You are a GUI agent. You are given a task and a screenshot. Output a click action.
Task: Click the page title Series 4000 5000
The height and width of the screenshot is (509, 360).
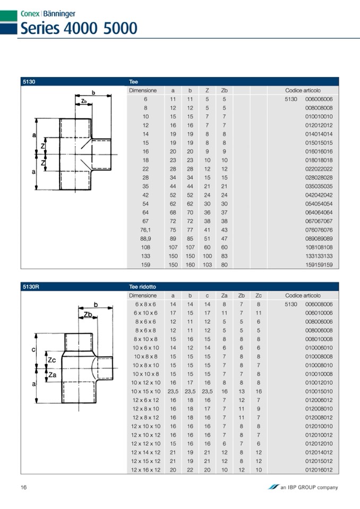tap(79, 28)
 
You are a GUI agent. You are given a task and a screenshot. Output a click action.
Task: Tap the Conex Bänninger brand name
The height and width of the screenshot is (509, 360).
tap(48, 14)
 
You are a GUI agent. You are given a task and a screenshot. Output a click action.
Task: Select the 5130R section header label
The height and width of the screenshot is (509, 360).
tap(31, 286)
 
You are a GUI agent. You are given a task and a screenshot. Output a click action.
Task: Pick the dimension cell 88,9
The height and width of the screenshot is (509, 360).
tap(145, 238)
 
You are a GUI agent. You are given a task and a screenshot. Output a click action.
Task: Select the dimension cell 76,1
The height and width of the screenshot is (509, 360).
tap(145, 230)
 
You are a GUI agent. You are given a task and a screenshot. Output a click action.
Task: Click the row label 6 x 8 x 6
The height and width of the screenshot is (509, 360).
tap(145, 304)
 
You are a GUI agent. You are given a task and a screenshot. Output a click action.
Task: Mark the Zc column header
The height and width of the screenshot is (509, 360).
tap(258, 295)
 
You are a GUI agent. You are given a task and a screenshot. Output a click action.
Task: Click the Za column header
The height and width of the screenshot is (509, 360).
tap(224, 295)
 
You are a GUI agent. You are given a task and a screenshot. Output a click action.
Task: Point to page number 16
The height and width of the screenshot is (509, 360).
tap(24, 487)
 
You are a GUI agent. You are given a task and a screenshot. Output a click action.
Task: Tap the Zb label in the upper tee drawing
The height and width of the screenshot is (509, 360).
tap(84, 101)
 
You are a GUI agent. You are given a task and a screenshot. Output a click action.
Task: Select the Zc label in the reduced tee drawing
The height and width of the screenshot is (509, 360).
tap(52, 360)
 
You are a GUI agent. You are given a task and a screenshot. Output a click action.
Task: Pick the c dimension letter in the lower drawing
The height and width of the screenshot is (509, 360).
tap(33, 349)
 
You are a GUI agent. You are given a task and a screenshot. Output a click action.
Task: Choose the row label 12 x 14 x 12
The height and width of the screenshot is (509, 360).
tap(145, 452)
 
